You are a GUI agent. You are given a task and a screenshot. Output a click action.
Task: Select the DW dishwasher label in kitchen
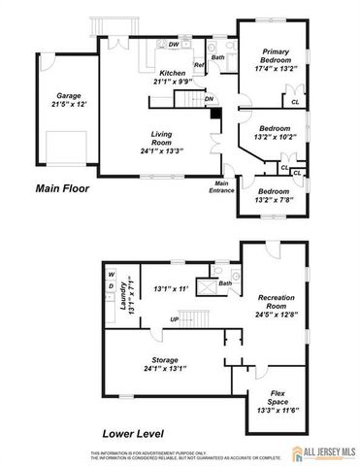pyautogui.click(x=172, y=45)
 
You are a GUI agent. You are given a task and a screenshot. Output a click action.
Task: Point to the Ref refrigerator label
pyautogui.click(x=198, y=65)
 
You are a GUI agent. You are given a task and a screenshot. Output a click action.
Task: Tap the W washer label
pyautogui.click(x=112, y=275)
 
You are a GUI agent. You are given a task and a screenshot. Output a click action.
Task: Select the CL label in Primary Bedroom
pyautogui.click(x=293, y=100)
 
